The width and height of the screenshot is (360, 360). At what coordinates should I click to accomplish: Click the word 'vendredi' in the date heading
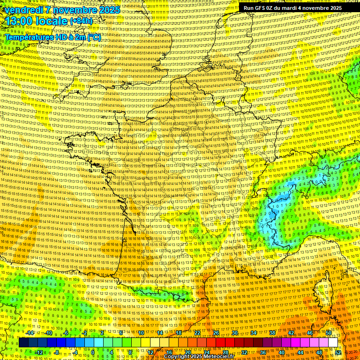[22, 10]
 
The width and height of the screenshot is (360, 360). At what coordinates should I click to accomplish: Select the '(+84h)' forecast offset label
[82, 21]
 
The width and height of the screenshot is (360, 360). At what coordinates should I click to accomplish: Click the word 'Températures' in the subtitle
[27, 37]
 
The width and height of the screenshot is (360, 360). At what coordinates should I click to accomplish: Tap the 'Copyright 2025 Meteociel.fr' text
[199, 356]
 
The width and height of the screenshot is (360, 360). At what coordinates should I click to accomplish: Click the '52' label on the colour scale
[338, 352]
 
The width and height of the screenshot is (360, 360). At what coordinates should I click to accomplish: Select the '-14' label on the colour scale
[30, 333]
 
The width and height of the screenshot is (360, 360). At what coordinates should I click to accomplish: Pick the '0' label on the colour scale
[93, 352]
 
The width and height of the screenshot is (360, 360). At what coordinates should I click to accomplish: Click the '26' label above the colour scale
[216, 333]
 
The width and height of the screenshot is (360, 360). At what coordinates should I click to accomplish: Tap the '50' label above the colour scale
[329, 333]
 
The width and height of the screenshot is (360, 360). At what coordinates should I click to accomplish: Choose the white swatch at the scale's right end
[333, 343]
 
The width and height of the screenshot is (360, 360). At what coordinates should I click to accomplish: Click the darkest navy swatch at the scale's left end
[23, 343]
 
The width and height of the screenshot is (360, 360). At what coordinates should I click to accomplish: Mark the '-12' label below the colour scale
[38, 352]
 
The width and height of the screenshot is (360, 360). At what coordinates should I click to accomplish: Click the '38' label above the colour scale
[272, 333]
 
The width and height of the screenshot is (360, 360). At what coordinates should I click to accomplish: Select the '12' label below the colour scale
[150, 352]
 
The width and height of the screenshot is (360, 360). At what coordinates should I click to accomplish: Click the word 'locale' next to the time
[52, 21]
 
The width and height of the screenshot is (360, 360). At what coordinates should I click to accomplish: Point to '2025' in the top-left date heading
[110, 10]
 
